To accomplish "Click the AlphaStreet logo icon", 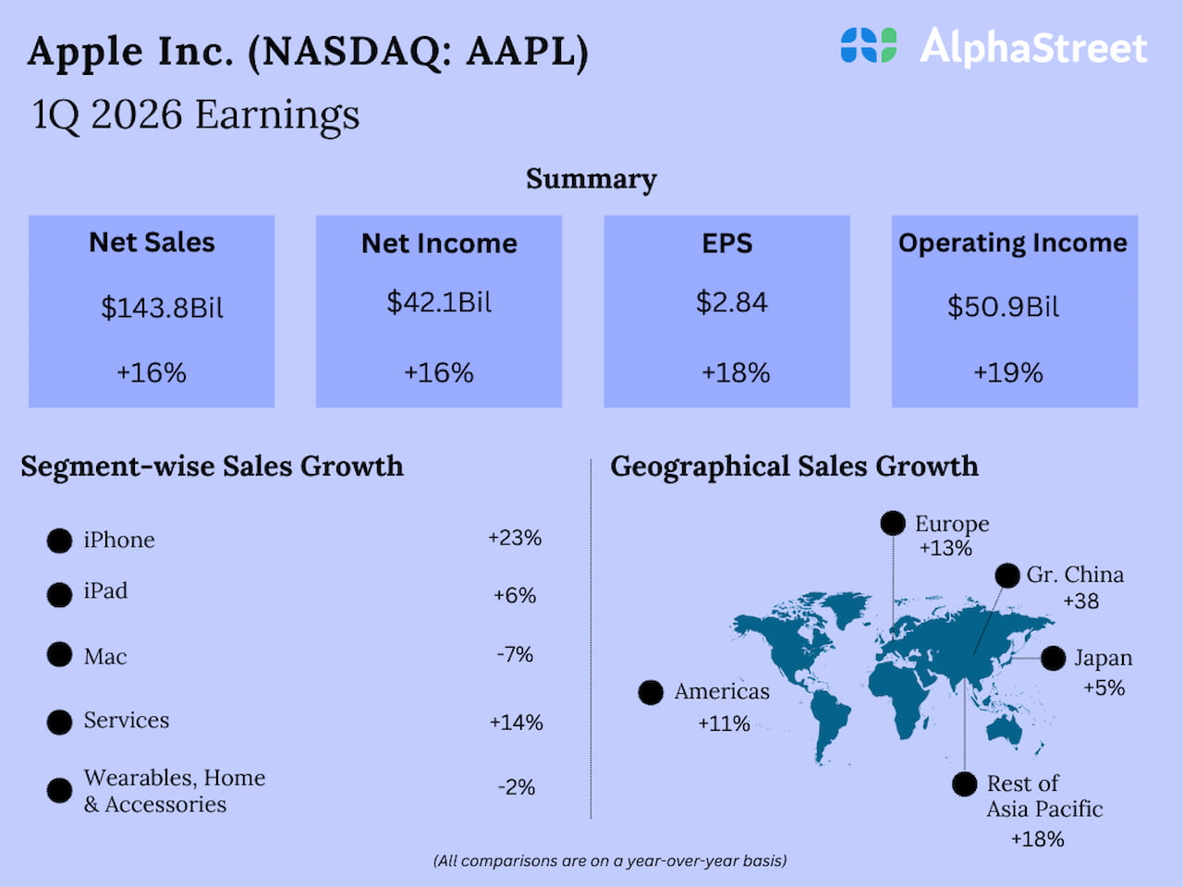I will pyautogui.click(x=868, y=45).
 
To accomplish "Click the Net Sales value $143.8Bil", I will pyautogui.click(x=162, y=308).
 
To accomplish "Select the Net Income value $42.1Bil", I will pyautogui.click(x=439, y=302).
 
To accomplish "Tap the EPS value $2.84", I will pyautogui.click(x=731, y=302).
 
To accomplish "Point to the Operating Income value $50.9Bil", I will pyautogui.click(x=1003, y=307).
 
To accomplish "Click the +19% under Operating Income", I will pyautogui.click(x=1008, y=373).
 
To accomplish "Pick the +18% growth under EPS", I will pyautogui.click(x=736, y=373).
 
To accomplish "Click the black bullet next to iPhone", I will pyautogui.click(x=59, y=541).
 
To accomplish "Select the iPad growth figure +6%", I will pyautogui.click(x=515, y=596).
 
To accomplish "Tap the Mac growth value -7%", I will pyautogui.click(x=515, y=655).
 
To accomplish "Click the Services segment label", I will pyautogui.click(x=127, y=721).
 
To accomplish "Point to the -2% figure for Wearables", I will pyautogui.click(x=517, y=787).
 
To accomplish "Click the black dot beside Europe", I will pyautogui.click(x=893, y=524).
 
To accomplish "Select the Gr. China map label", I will pyautogui.click(x=1075, y=575).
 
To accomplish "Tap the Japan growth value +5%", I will pyautogui.click(x=1104, y=688).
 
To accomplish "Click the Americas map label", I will pyautogui.click(x=722, y=692).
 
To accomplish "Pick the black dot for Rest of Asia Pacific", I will pyautogui.click(x=964, y=784).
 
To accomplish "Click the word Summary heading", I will pyautogui.click(x=591, y=179).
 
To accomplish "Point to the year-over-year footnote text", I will pyautogui.click(x=610, y=861).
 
